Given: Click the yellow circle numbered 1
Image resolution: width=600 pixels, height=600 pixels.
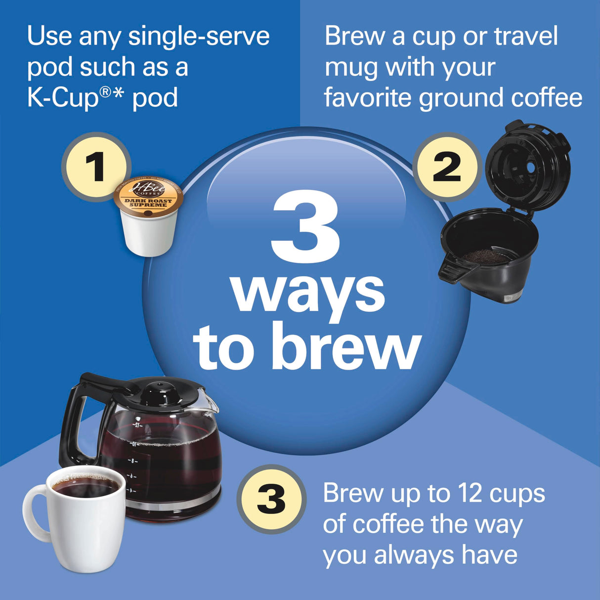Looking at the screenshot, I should point(95,167).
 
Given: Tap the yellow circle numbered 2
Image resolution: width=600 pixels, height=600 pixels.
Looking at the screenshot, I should point(447,167).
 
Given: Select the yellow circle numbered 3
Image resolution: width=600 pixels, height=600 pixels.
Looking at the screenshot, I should point(271,499).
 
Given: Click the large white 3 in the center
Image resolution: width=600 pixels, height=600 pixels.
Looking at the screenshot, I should point(306,226).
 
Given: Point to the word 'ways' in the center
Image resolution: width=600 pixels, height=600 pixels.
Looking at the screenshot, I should point(308,293).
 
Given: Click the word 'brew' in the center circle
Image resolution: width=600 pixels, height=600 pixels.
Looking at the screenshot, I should point(346,347).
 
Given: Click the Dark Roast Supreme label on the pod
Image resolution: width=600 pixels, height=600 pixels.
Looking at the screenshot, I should point(148,203).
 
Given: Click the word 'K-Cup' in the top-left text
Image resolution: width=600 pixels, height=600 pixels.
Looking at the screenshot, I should point(63,97).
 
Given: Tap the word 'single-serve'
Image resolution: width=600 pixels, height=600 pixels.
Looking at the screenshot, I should point(199,37).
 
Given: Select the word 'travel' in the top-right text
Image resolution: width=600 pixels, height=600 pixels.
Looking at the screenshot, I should point(525,37).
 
